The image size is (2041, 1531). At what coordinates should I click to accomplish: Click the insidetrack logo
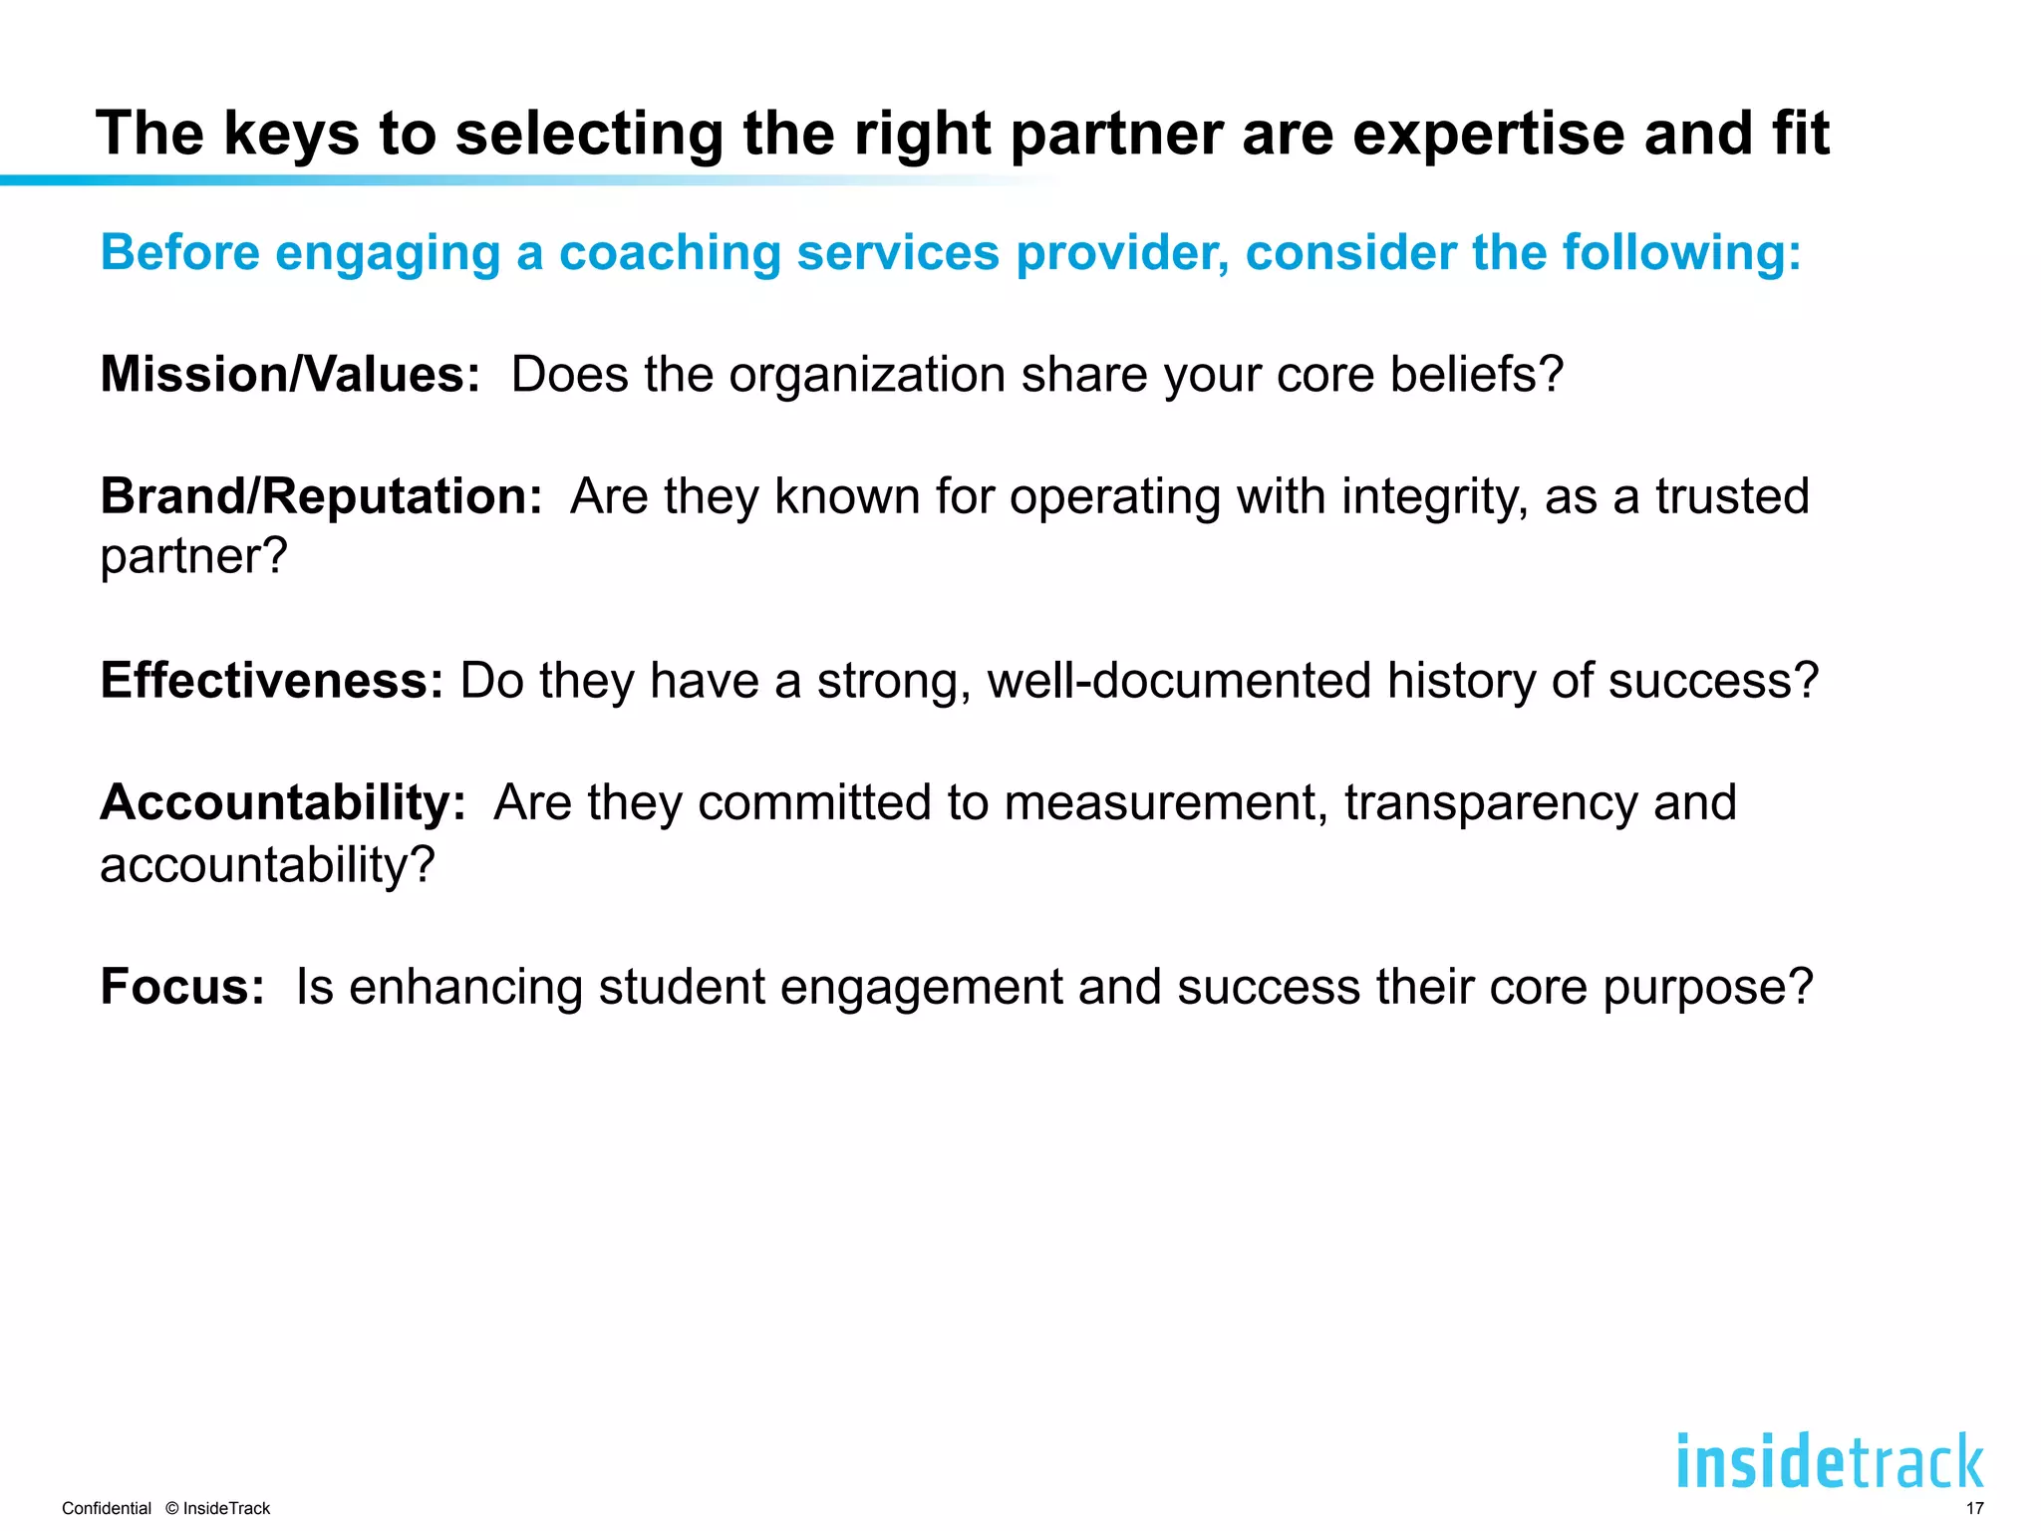pos(1830,1461)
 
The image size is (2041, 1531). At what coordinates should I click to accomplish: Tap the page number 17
pos(1974,1508)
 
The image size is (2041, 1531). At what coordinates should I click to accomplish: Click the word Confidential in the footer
pos(107,1508)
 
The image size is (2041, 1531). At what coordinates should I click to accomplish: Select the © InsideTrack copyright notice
pos(218,1508)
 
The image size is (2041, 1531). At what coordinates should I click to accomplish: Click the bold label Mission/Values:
pos(290,375)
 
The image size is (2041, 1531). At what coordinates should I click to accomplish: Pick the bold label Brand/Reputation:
pos(321,496)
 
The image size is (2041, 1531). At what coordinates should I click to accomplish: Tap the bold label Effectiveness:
pos(271,681)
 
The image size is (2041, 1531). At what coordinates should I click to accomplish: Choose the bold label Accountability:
pos(283,802)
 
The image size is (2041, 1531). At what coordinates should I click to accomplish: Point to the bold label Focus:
pos(182,987)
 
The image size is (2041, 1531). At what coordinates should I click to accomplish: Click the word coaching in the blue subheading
pos(670,252)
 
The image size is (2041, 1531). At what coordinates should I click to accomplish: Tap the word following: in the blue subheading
pos(1681,252)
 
